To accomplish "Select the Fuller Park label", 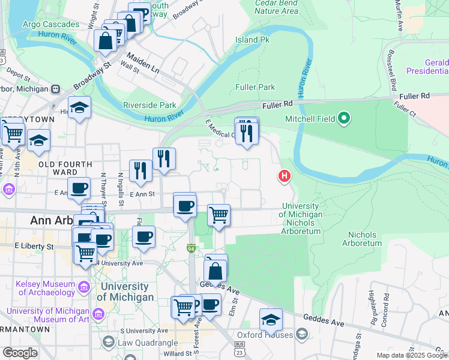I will (255, 87).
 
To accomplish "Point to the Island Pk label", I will (253, 40).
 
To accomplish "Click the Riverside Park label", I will (149, 105).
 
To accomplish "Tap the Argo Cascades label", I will (50, 25).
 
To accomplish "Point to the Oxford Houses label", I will (264, 335).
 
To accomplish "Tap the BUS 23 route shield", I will (240, 346).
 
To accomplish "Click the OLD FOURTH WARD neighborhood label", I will (65, 168).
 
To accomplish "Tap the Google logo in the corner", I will (20, 353).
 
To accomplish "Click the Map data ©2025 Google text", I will (411, 355).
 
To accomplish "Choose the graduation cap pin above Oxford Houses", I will (271, 319).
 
